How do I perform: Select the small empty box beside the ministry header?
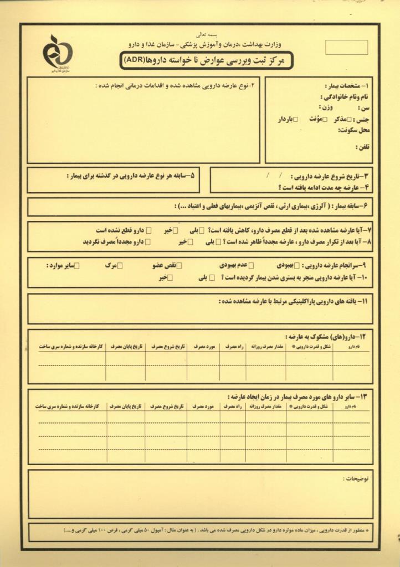click(347, 47)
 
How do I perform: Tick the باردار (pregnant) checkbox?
click(295, 118)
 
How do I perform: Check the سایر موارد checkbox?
click(77, 266)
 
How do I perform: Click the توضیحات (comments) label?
click(358, 477)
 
